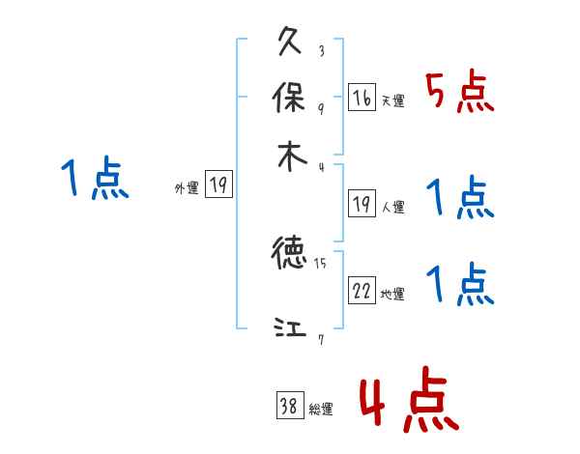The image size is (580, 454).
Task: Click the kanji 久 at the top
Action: pos(290,43)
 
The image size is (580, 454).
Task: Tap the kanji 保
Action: pos(290,99)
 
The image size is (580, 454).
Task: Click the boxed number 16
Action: pos(362,99)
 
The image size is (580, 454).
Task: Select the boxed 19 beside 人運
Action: pos(362,205)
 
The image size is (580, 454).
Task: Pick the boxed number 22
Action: pos(362,292)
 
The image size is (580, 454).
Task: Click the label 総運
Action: pos(321,410)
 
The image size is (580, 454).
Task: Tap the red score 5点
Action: pos(460,94)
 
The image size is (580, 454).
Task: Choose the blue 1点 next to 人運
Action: pos(460,199)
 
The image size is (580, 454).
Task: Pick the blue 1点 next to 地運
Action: pos(460,285)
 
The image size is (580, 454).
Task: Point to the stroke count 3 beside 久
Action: pos(321,51)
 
